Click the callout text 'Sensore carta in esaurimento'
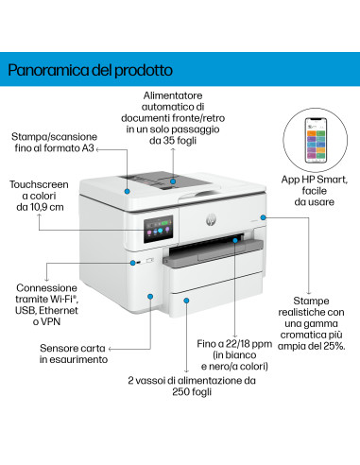(x=74, y=353)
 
